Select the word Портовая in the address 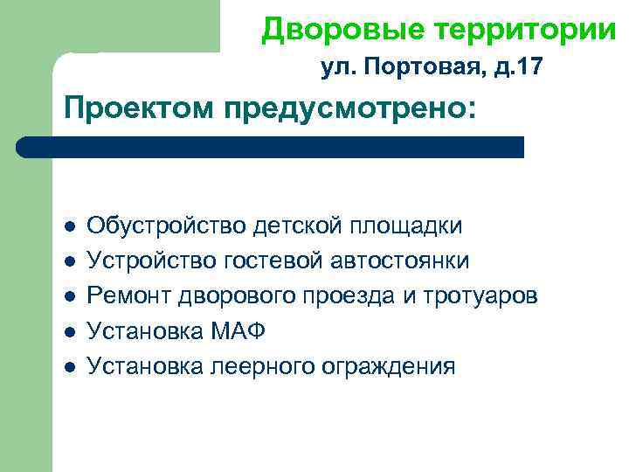[x=402, y=67]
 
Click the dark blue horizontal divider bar [x=271, y=147]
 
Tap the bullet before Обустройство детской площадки [x=70, y=226]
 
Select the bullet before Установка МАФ [x=70, y=331]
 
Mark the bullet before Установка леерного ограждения [x=70, y=366]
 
